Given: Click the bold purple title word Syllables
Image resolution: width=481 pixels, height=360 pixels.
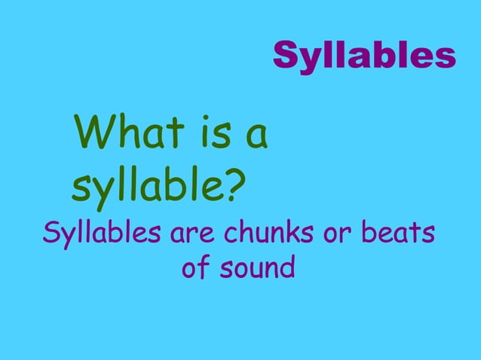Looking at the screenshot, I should pyautogui.click(x=364, y=55).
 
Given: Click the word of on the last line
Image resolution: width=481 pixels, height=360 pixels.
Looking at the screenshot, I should pyautogui.click(x=197, y=268).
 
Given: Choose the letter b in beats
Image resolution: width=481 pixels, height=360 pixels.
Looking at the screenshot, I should pyautogui.click(x=367, y=233).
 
